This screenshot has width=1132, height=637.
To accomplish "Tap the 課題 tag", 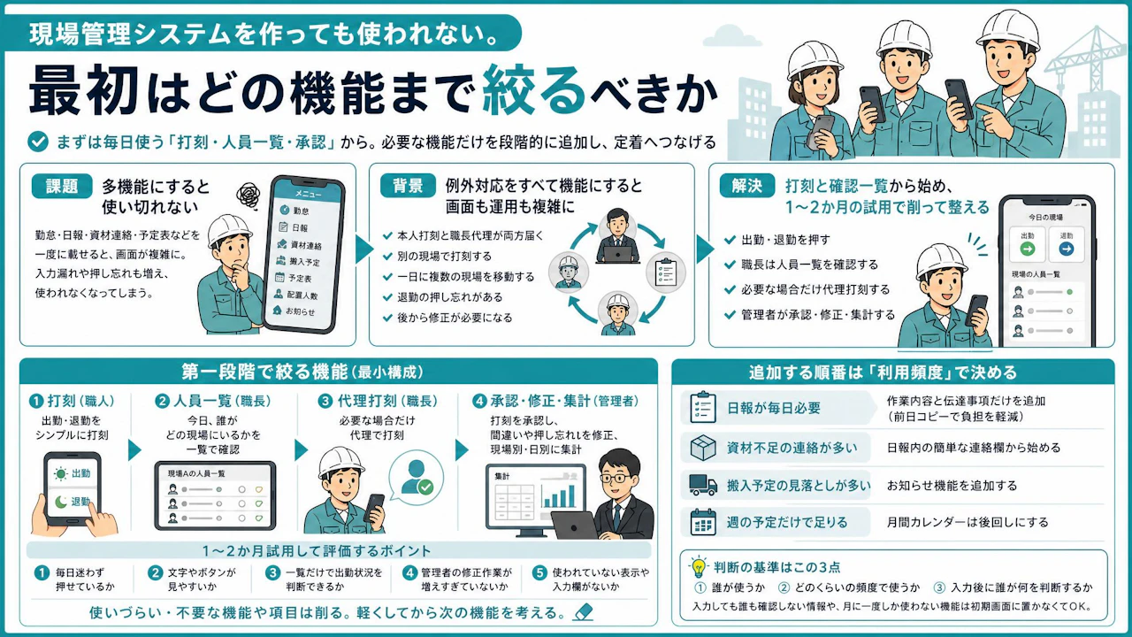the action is tap(62, 186).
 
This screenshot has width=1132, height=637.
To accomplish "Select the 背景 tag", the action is tap(408, 186).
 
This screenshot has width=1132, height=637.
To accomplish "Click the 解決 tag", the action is tap(747, 186).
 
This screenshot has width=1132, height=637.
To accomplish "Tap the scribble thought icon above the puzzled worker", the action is tap(249, 196).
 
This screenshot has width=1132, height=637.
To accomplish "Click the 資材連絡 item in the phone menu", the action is tap(300, 245).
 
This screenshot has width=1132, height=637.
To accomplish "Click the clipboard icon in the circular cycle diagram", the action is tap(666, 272).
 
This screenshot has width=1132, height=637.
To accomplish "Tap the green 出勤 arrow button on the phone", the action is tap(1028, 249).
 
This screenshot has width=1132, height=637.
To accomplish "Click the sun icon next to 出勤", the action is tap(61, 473).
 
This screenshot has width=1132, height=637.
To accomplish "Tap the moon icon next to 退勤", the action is tap(61, 502).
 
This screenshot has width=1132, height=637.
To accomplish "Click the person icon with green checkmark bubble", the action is tap(417, 477).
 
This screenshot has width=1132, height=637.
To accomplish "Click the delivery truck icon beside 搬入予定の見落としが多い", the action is tap(703, 485).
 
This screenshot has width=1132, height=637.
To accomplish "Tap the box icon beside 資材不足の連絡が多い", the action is tap(703, 448).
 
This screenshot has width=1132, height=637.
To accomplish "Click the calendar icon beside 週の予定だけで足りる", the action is tap(703, 522).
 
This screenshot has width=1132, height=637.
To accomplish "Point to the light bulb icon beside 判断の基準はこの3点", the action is tap(699, 567).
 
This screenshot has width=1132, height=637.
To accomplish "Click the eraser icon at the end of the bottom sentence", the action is tap(583, 612).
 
